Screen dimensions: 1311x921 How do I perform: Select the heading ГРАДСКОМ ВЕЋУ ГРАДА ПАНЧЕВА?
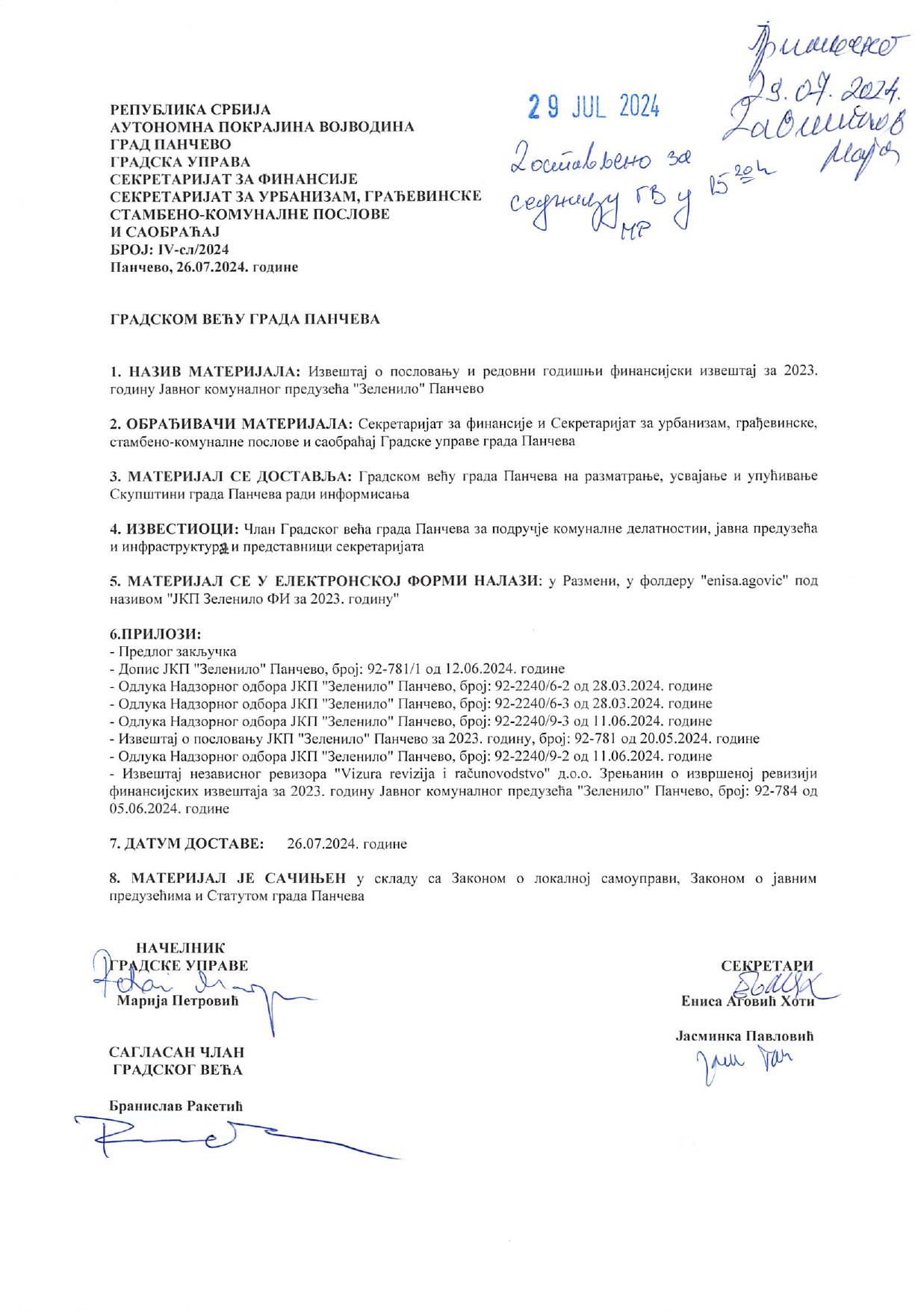tap(245, 320)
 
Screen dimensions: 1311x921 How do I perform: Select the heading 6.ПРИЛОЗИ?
tap(155, 634)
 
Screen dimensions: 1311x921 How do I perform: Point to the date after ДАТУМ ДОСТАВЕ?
tap(347, 843)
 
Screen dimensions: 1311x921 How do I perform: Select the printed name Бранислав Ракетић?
tap(176, 1106)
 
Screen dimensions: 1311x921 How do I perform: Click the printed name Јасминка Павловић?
tap(744, 1036)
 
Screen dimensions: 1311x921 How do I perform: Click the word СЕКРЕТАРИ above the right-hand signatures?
tap(766, 965)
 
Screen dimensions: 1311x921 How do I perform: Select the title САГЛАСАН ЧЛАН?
tap(176, 1052)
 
